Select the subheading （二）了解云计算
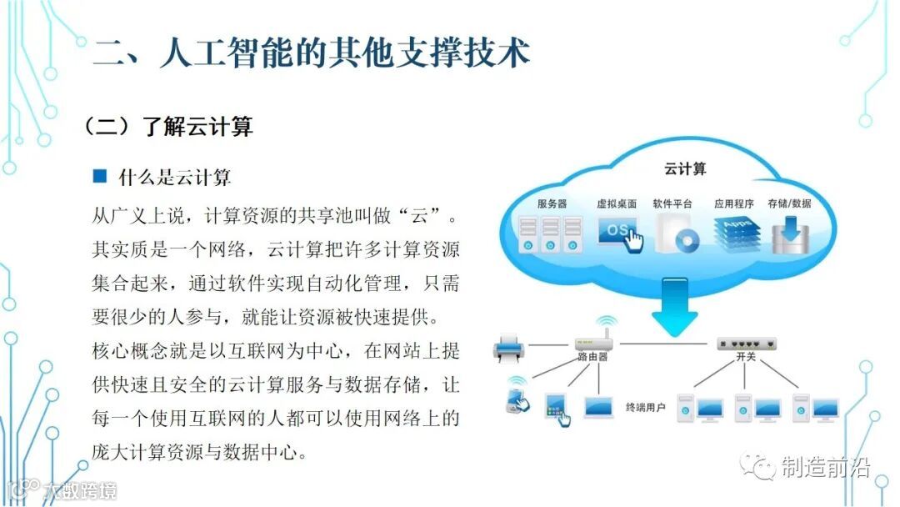click(167, 126)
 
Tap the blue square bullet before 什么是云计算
click(100, 176)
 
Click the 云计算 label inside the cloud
click(685, 169)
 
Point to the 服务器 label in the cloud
click(552, 203)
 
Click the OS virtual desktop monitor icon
click(618, 233)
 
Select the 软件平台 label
click(673, 203)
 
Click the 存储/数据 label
click(789, 203)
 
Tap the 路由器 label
click(593, 357)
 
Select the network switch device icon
click(747, 343)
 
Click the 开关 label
click(747, 357)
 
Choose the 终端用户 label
click(646, 408)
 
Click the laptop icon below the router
click(598, 406)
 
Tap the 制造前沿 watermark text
click(825, 468)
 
